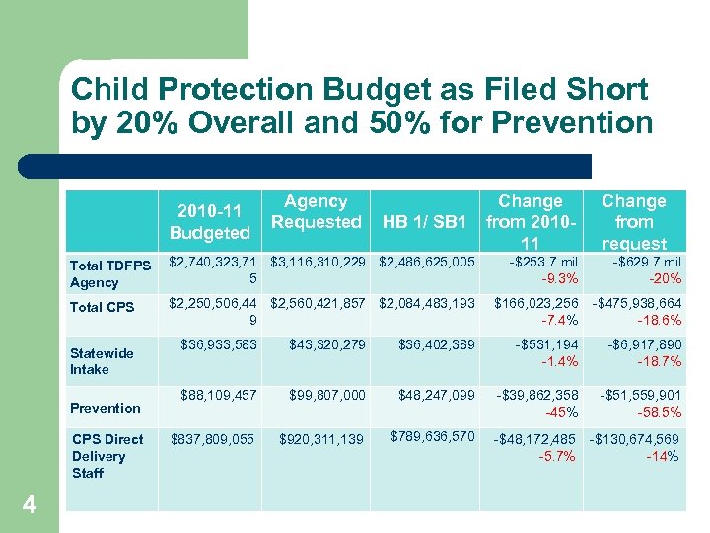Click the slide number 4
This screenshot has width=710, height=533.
coord(30,505)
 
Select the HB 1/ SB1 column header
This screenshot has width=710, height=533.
coord(424,222)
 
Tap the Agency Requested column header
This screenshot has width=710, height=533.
coord(316,212)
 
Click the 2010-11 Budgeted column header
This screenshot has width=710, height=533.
coord(209,222)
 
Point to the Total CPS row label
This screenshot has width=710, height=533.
coord(102,307)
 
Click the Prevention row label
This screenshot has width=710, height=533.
coord(106,408)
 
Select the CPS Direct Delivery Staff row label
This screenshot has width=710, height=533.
coord(106,456)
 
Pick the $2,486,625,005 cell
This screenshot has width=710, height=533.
coord(427,262)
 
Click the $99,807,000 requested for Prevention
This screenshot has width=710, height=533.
coord(326,395)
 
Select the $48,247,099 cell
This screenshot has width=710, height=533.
coord(436,395)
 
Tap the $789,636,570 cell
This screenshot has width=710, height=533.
coord(433,436)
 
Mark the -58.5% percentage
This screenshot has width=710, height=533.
coord(657,413)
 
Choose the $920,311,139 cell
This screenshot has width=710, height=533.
coord(321,439)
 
